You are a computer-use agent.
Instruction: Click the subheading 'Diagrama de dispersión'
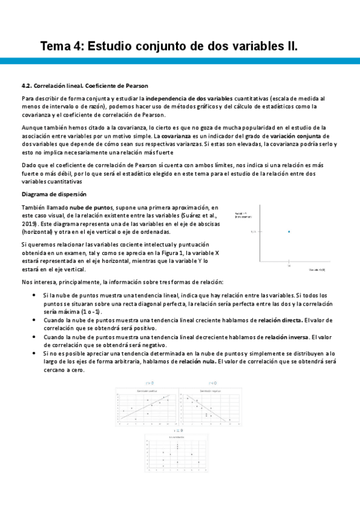[x=53, y=194]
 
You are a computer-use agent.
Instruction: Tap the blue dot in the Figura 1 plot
[x=289, y=232]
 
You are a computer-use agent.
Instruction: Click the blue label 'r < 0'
[x=212, y=382]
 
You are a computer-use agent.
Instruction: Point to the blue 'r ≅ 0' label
[x=177, y=431]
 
